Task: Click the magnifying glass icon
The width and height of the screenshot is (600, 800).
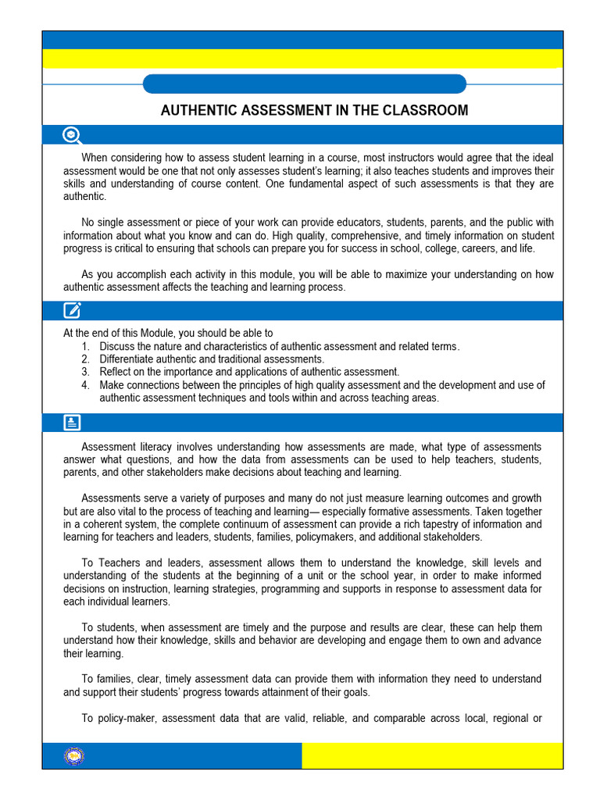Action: [x=73, y=135]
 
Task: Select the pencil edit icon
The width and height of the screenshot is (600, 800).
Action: [x=72, y=310]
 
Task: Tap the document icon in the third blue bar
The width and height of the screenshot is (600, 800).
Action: [x=72, y=423]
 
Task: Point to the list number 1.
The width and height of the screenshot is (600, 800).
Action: [x=84, y=346]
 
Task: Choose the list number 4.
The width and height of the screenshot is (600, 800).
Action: [x=84, y=385]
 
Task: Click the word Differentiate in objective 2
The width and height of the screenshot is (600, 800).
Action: [x=126, y=359]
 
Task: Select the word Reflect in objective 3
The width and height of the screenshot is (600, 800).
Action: [x=116, y=372]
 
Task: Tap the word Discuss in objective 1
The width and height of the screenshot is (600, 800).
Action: [x=117, y=346]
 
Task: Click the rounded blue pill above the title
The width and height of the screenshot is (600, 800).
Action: [x=305, y=84]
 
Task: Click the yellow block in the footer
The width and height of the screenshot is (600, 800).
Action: [x=431, y=755]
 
